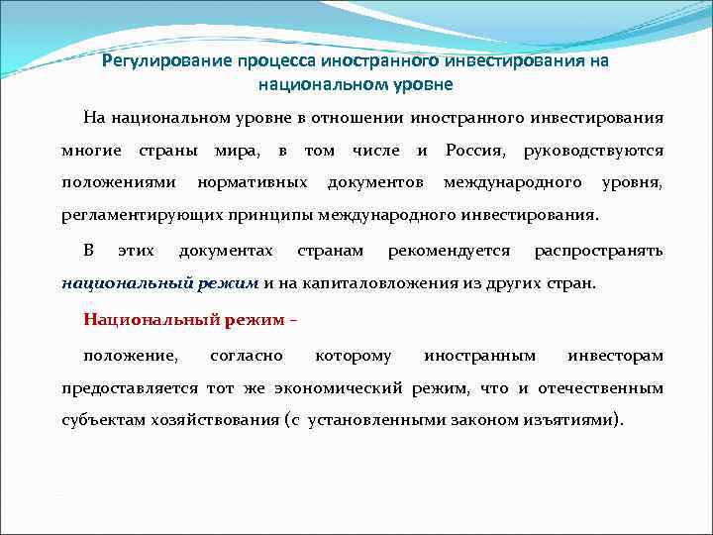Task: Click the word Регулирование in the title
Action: click(x=167, y=61)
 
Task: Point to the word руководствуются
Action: click(x=593, y=151)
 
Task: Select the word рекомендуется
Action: click(x=450, y=250)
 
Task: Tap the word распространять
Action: click(x=598, y=250)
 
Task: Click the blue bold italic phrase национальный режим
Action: click(x=159, y=282)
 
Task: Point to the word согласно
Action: click(x=247, y=355)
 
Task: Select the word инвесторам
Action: click(x=615, y=355)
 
